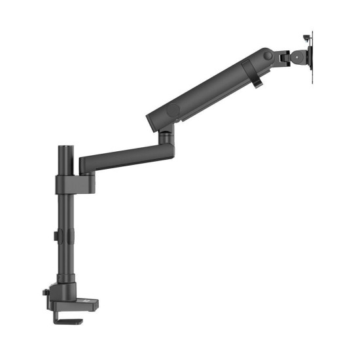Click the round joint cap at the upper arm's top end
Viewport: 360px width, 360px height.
point(268,56)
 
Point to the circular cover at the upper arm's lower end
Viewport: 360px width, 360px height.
point(172,112)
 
